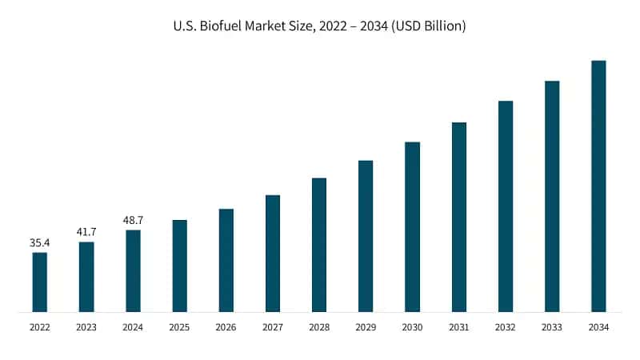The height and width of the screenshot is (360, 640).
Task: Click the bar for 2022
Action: click(x=39, y=282)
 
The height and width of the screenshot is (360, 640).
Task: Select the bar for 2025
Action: click(x=179, y=266)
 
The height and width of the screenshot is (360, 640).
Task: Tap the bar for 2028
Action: click(x=319, y=244)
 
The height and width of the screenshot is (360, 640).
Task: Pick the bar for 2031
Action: click(x=458, y=217)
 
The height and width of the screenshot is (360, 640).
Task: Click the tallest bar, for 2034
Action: click(x=598, y=186)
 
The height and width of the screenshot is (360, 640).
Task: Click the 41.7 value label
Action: click(x=86, y=230)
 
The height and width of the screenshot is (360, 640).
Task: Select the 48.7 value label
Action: click(x=133, y=218)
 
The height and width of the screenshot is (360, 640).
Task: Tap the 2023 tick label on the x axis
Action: click(x=86, y=327)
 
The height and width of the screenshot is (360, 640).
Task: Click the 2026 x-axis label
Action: click(x=226, y=327)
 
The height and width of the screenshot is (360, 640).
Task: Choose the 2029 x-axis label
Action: click(x=366, y=327)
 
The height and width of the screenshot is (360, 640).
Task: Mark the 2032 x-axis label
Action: click(x=505, y=327)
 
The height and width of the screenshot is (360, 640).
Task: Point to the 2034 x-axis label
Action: click(x=598, y=327)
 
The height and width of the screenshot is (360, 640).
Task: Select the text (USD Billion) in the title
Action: click(x=425, y=26)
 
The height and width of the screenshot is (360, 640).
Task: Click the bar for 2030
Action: click(x=412, y=226)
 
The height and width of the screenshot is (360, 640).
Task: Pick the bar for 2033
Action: click(x=552, y=196)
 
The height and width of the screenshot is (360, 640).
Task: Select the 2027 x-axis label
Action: click(x=272, y=327)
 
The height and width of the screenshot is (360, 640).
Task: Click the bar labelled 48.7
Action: click(x=133, y=270)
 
